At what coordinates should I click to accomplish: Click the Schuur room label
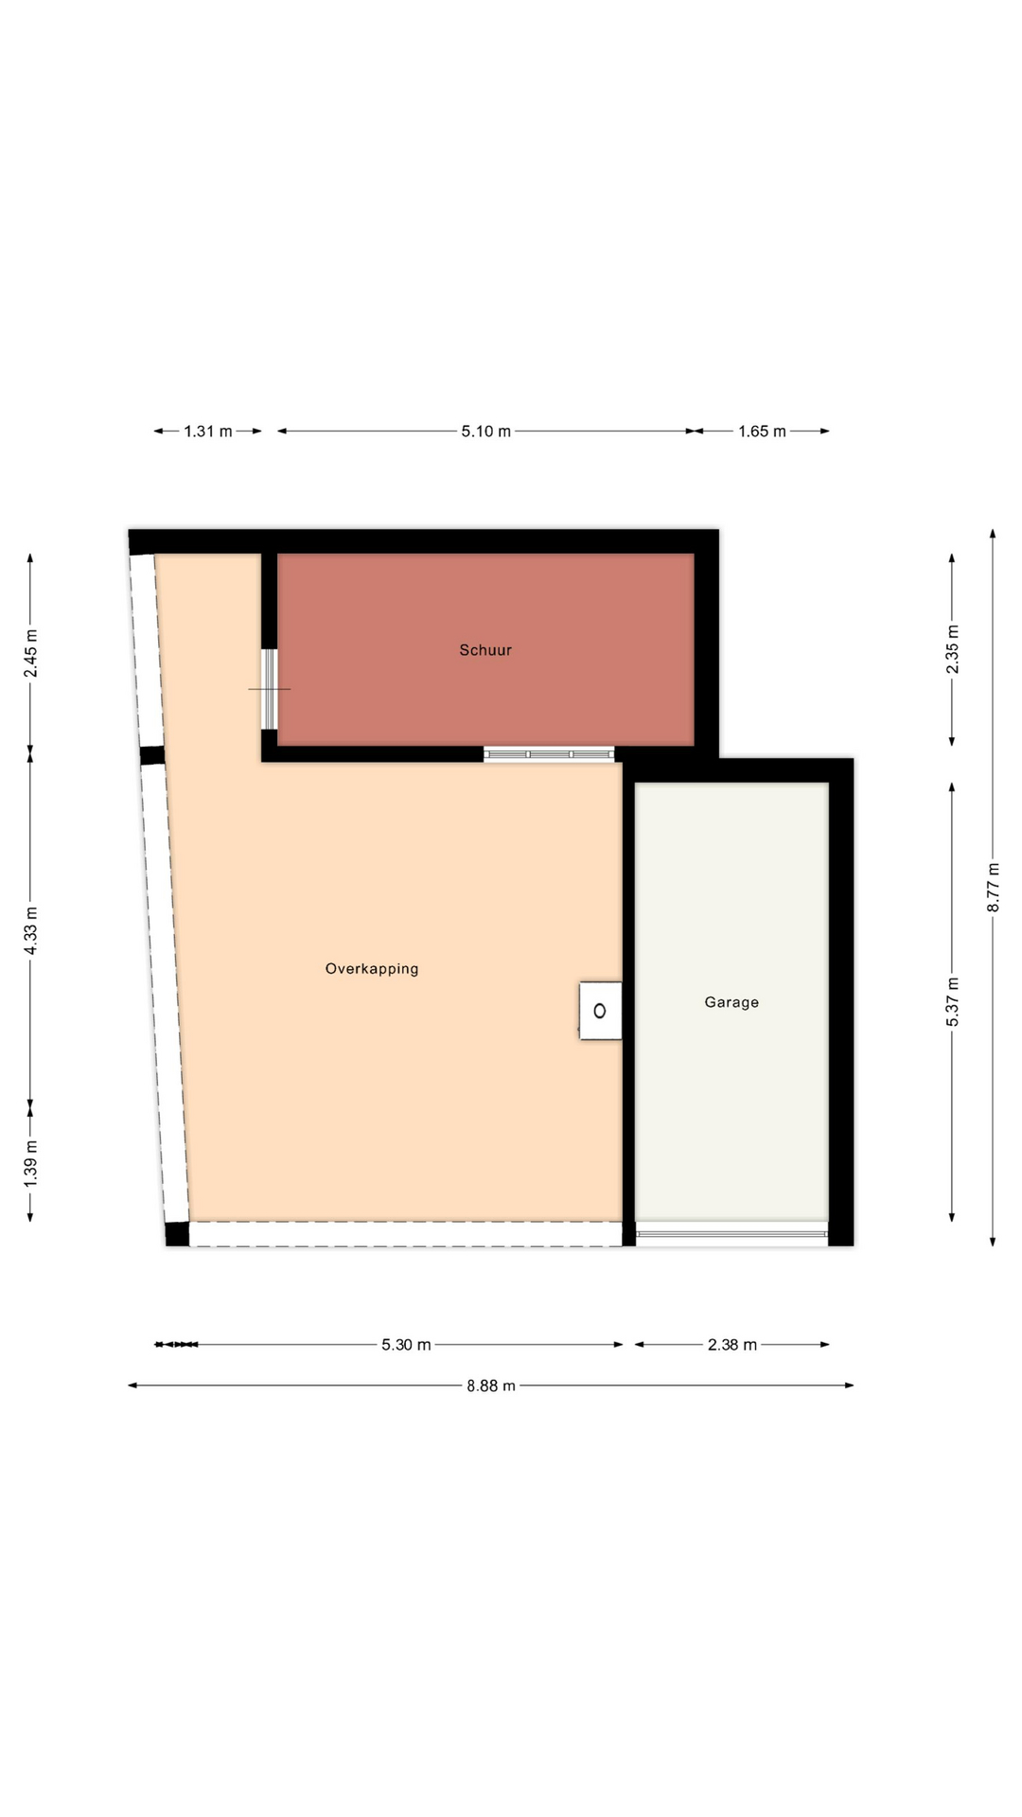click(485, 650)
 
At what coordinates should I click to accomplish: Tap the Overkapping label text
click(372, 969)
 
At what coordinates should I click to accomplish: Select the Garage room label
click(731, 1002)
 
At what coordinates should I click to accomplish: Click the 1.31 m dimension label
click(208, 432)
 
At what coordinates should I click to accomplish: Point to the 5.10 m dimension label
click(486, 432)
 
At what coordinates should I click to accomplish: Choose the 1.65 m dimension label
click(763, 432)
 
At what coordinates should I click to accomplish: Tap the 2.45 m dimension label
click(31, 653)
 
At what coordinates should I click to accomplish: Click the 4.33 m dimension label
click(31, 930)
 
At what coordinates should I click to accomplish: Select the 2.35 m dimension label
click(953, 649)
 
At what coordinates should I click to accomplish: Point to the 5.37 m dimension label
click(953, 1001)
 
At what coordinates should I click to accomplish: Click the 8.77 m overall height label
click(994, 888)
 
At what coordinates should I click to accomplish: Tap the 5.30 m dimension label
click(407, 1345)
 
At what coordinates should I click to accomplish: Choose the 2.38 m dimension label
click(732, 1345)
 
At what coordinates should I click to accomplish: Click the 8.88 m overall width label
click(491, 1386)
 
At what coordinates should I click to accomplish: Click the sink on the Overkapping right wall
click(600, 1011)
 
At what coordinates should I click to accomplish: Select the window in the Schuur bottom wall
click(549, 754)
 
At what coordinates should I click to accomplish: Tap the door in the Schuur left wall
click(270, 689)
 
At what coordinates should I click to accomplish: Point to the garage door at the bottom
click(731, 1234)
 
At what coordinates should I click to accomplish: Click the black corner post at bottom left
click(177, 1234)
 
